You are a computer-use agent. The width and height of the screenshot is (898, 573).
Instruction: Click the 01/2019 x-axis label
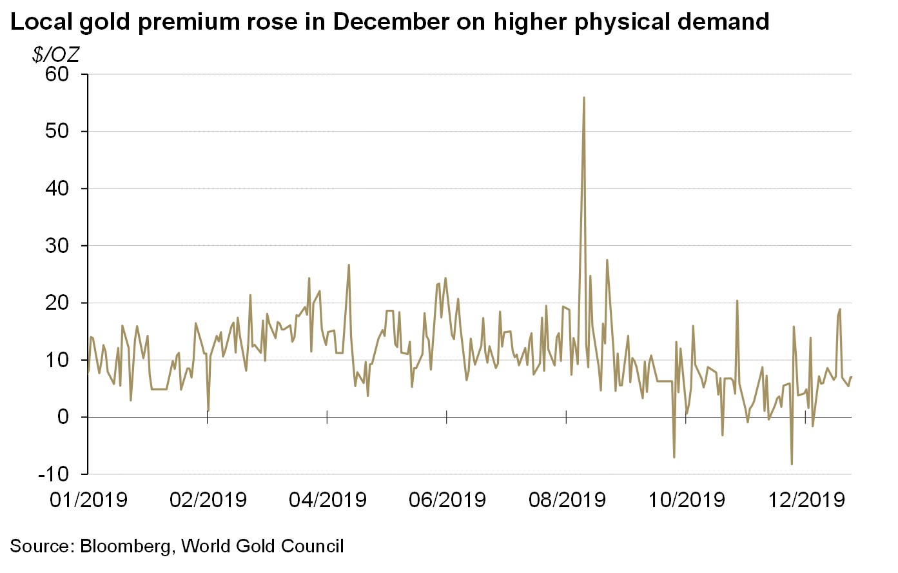(x=88, y=499)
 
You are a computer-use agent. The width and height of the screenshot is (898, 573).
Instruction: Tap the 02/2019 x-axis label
(x=208, y=499)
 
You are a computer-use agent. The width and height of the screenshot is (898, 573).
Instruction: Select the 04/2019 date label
(x=327, y=499)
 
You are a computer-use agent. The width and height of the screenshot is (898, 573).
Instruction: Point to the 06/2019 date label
(x=447, y=499)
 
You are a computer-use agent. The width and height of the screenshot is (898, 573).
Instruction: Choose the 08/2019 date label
(x=567, y=499)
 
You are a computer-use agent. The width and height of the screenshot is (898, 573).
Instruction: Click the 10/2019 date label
(x=687, y=499)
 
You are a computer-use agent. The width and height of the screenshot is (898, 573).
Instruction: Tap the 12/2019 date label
(x=806, y=499)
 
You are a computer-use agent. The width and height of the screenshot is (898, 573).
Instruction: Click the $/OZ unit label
(x=55, y=54)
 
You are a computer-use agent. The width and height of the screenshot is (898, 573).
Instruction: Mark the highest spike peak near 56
(x=583, y=97)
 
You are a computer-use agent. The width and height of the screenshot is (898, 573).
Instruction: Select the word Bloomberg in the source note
(x=126, y=546)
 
